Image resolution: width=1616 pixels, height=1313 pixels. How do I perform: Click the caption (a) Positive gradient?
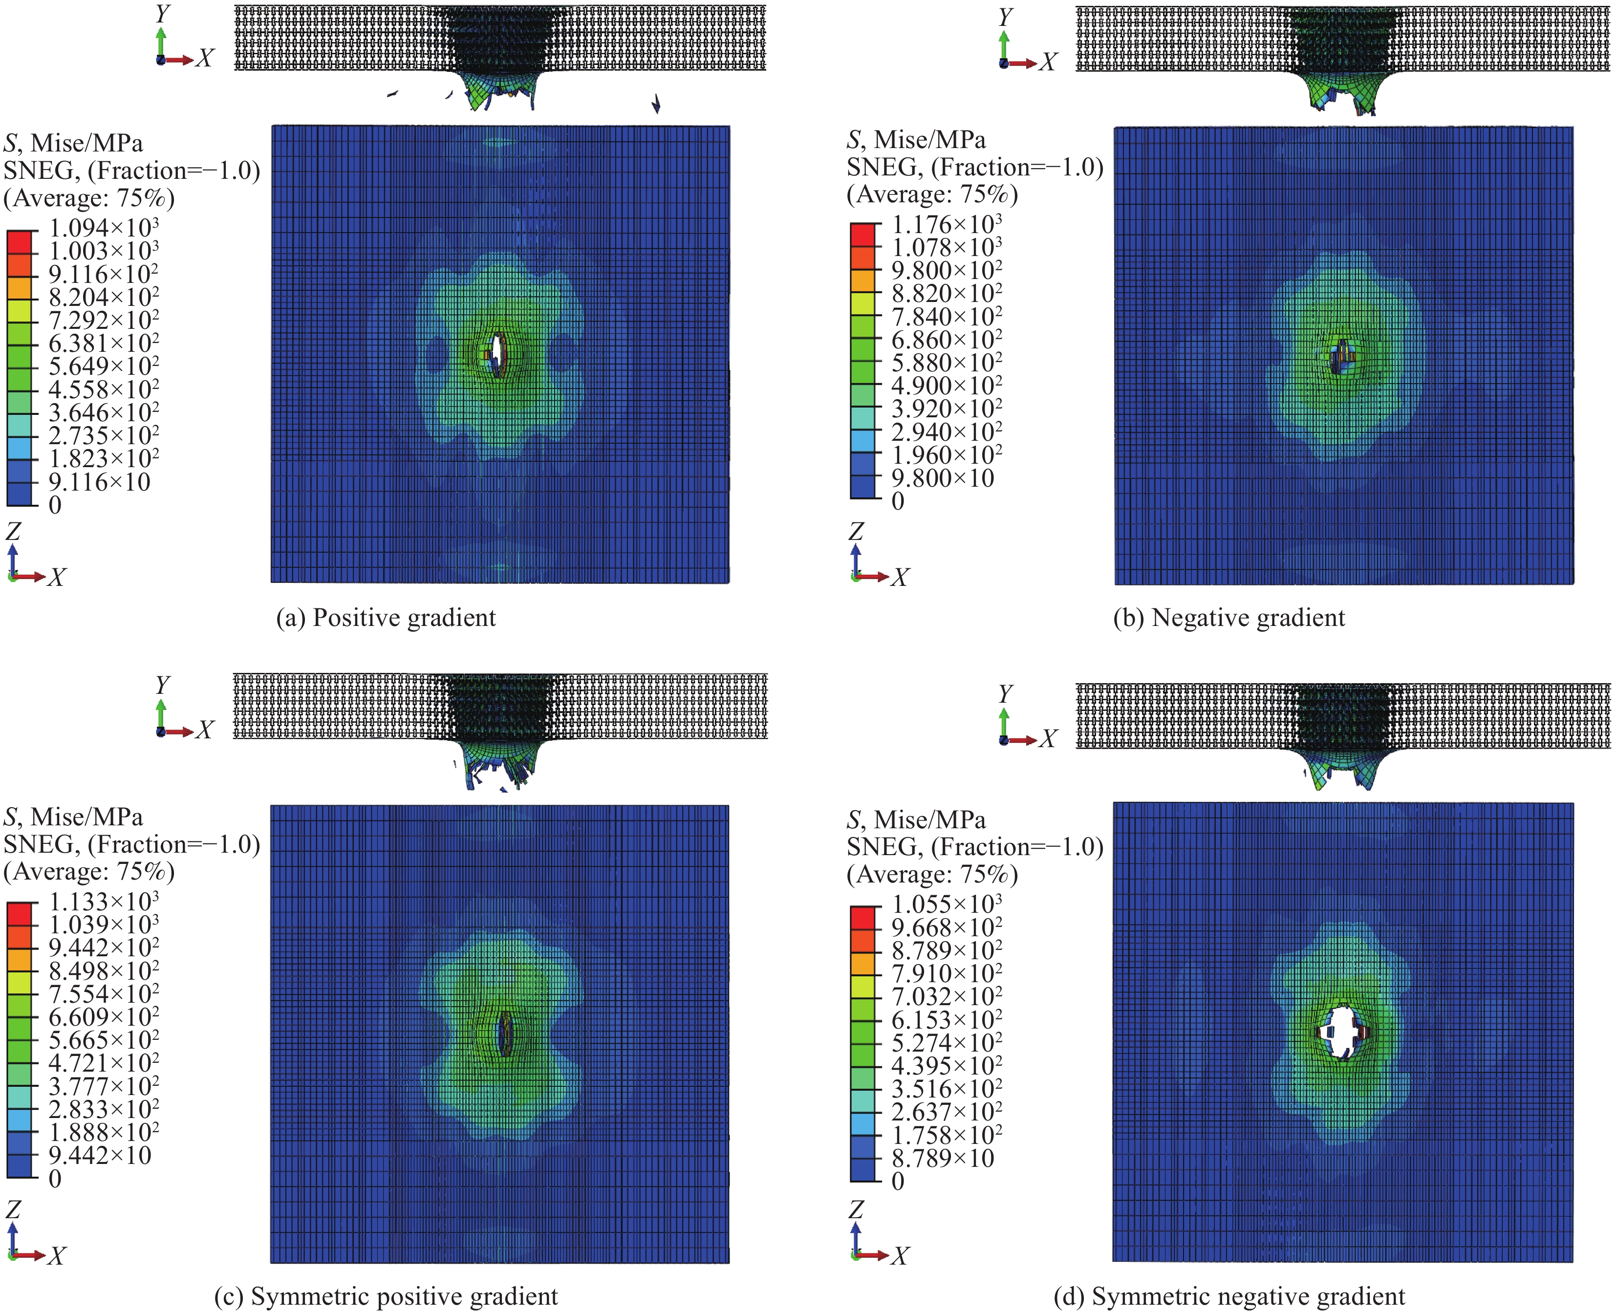click(386, 618)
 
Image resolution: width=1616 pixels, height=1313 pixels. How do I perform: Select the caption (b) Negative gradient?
click(1229, 618)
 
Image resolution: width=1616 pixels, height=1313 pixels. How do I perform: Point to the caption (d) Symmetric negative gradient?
click(1229, 1296)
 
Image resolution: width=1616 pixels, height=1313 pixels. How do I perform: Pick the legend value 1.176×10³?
click(947, 225)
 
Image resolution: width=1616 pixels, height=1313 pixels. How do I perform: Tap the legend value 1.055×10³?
click(947, 904)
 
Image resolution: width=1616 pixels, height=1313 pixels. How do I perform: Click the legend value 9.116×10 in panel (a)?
click(99, 482)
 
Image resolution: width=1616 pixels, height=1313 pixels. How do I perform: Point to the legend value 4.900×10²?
click(947, 386)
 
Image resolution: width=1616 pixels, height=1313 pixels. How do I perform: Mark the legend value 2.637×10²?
click(947, 1112)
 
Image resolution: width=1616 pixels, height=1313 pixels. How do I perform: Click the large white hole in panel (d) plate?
click(1341, 1032)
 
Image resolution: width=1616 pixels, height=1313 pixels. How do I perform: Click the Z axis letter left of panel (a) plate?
click(13, 531)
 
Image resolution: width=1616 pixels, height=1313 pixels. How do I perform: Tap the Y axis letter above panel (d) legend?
click(1005, 693)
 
